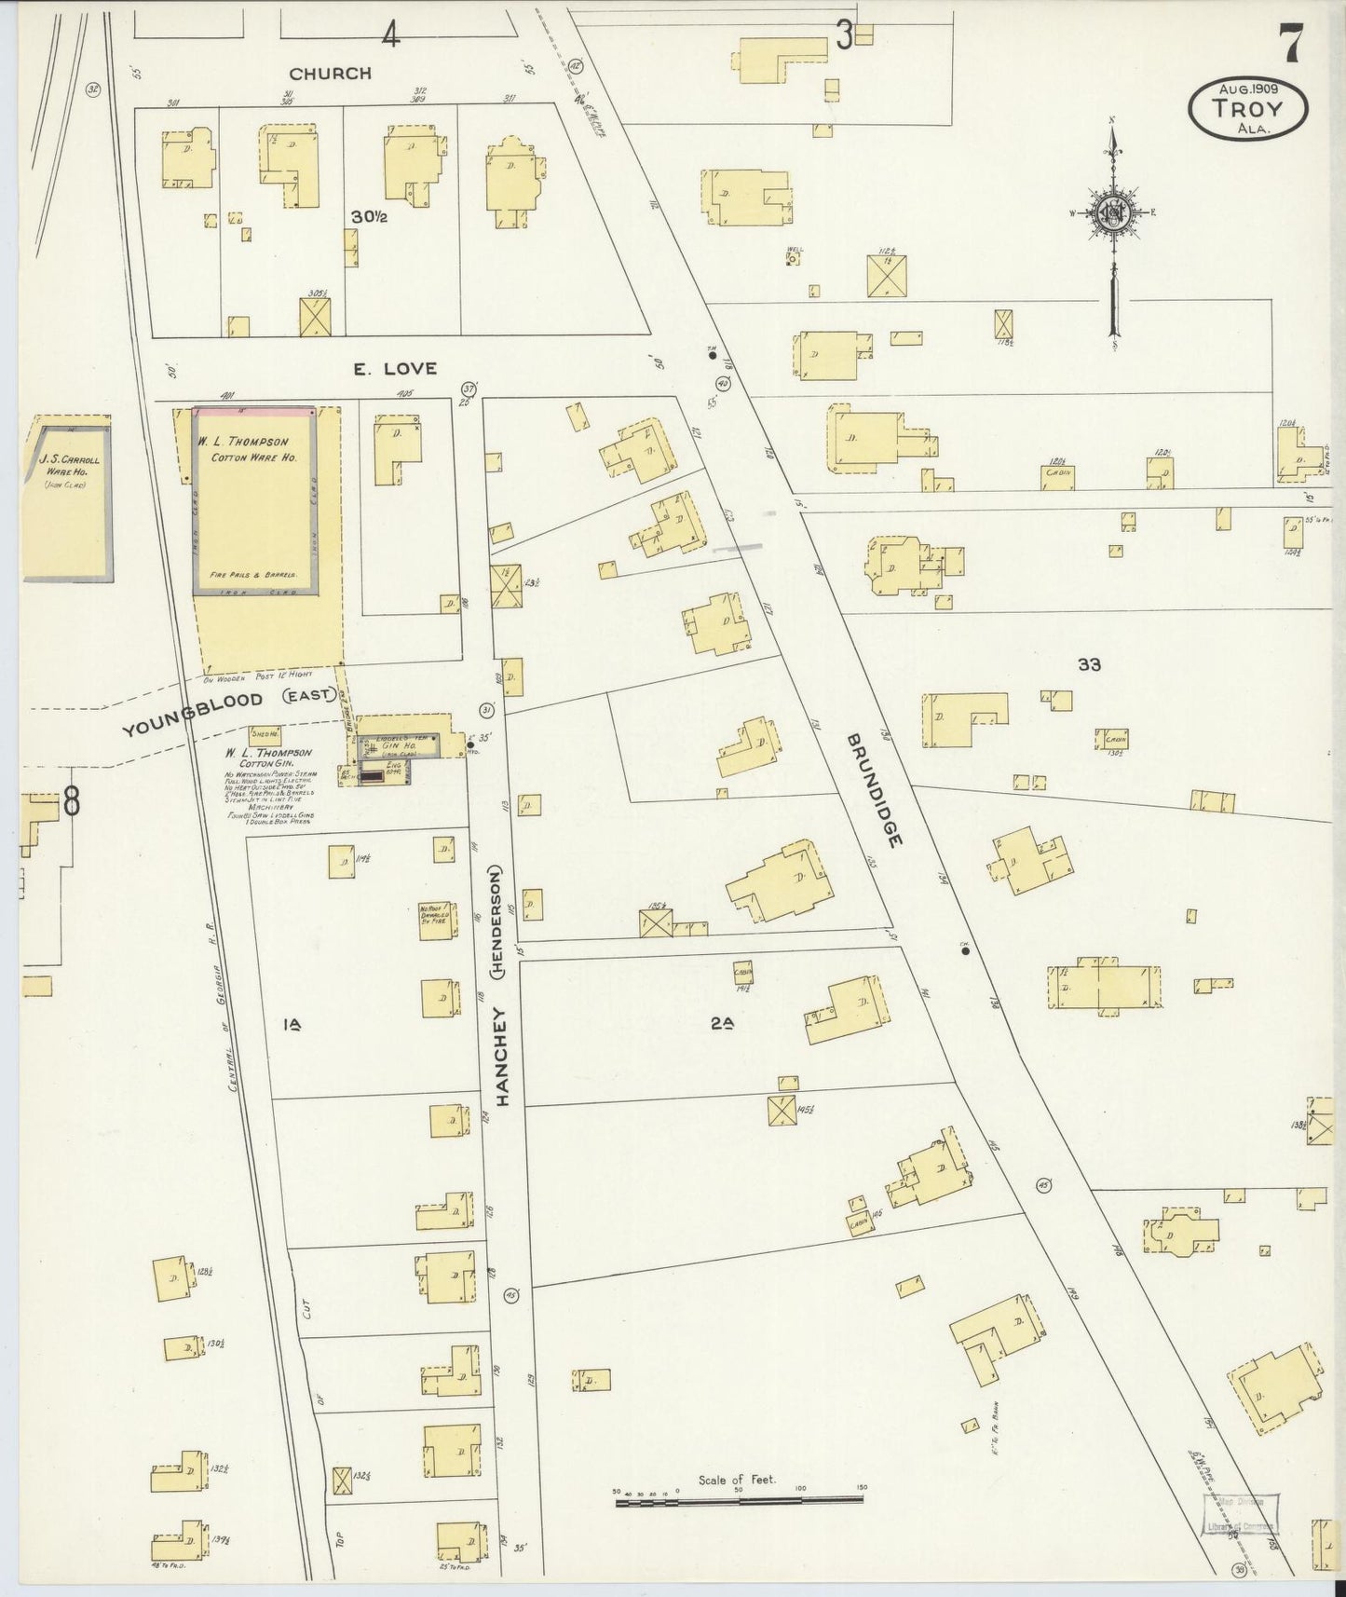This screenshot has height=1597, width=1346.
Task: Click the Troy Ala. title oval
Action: tap(1247, 108)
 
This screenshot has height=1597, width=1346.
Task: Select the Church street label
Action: tap(330, 73)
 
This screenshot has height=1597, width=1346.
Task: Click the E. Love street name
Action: tap(394, 368)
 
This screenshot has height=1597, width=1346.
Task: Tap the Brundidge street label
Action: tap(875, 788)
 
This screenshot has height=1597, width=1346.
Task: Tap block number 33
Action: tap(1089, 664)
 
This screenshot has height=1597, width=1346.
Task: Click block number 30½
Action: tap(369, 216)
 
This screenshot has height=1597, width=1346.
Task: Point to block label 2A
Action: tap(722, 1023)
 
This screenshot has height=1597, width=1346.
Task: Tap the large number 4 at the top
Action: tap(390, 35)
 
